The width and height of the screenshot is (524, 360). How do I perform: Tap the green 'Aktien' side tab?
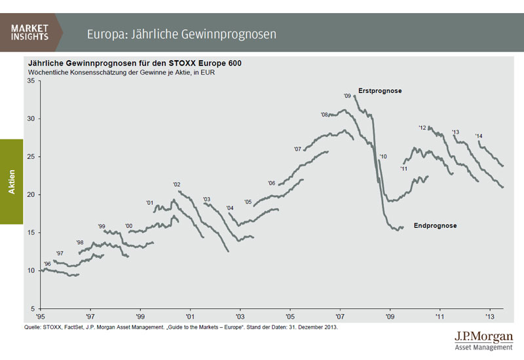click(x=12, y=181)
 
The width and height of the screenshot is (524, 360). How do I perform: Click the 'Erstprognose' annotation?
click(x=380, y=90)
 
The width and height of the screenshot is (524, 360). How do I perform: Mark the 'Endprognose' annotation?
click(x=435, y=226)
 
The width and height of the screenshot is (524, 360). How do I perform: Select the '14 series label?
click(x=479, y=136)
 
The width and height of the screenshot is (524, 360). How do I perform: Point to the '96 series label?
click(x=47, y=264)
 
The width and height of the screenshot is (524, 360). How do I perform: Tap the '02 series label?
click(x=176, y=185)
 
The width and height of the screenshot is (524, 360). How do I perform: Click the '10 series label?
click(x=383, y=156)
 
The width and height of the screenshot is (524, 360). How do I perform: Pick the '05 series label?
click(x=248, y=202)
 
